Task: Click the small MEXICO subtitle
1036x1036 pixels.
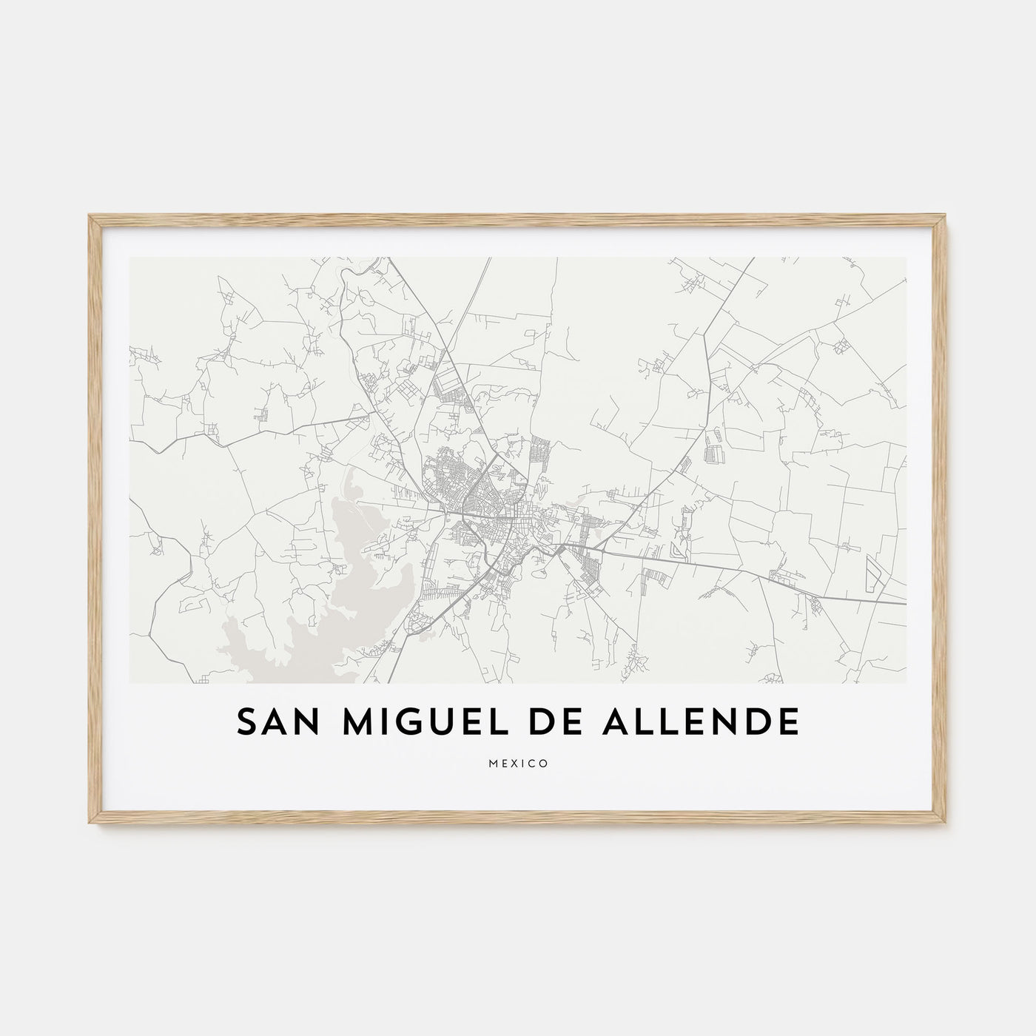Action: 518,764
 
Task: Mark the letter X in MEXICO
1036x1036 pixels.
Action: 513,764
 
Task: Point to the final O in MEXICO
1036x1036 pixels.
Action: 544,764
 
